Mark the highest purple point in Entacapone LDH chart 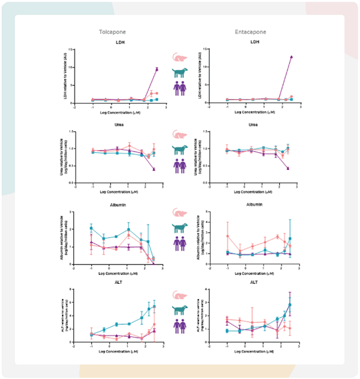point(291,57)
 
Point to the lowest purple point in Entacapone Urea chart point(288,168)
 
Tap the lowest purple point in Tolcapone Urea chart point(154,169)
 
